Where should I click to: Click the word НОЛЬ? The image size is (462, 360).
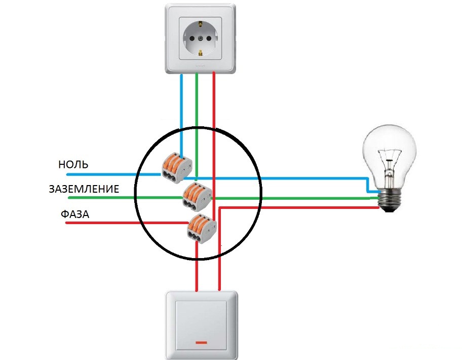click(73, 165)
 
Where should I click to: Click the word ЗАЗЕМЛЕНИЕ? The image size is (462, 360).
click(84, 189)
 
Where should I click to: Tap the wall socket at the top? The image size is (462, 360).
click(201, 38)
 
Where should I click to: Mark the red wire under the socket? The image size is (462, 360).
click(214, 101)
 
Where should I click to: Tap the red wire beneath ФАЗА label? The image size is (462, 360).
click(101, 222)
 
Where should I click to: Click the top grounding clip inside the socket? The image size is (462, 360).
click(201, 23)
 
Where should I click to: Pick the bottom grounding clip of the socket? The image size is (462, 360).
click(201, 52)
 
